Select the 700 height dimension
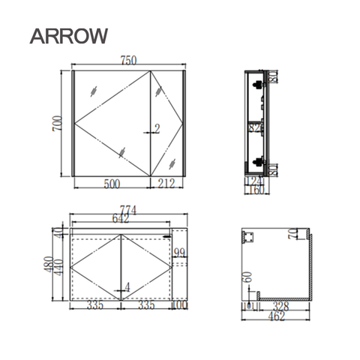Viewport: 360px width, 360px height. coord(55,124)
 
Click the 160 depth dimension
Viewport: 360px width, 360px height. coord(256,190)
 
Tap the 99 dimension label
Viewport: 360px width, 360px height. coord(180,253)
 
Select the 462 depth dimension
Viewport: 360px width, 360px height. coord(277,316)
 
